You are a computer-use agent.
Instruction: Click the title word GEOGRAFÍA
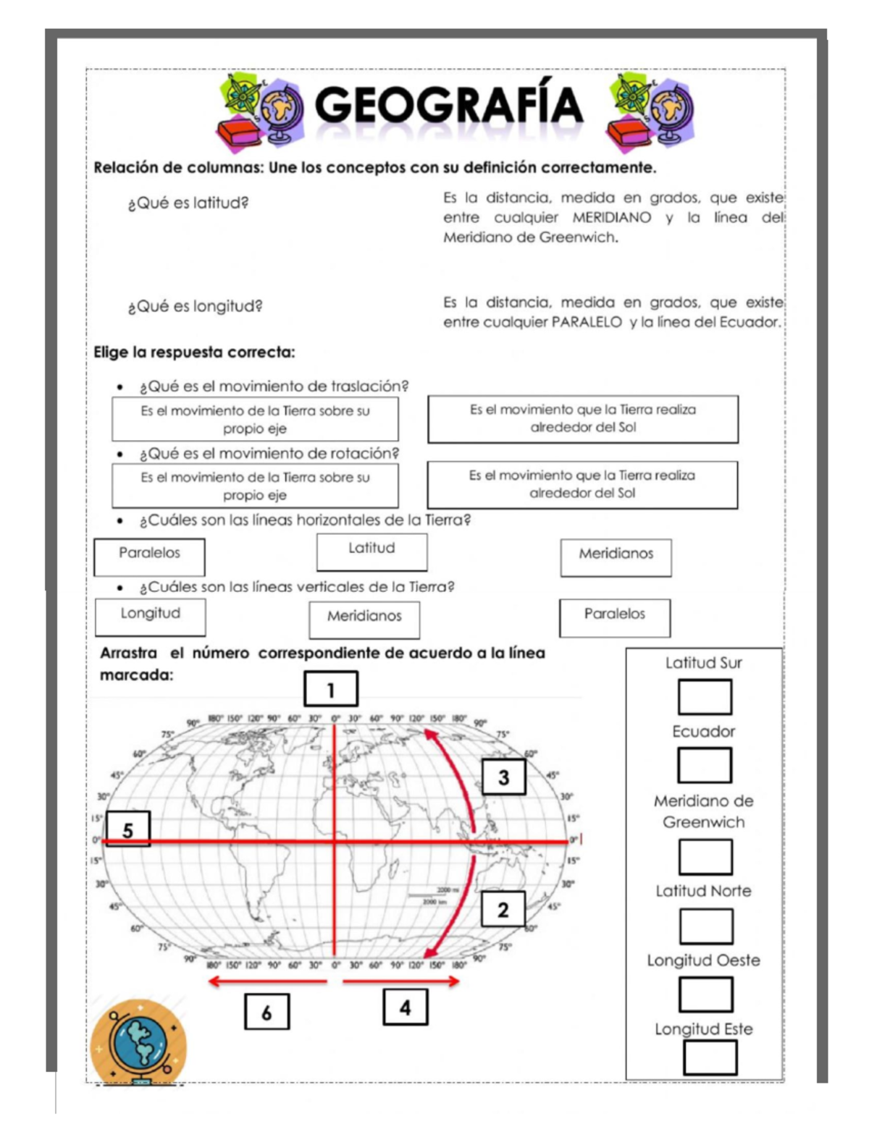[x=448, y=106]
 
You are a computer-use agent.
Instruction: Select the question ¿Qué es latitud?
[x=188, y=203]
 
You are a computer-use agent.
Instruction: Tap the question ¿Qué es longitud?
[x=196, y=306]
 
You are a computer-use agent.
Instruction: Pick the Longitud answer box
[x=151, y=617]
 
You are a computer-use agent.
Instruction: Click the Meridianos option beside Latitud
[x=616, y=557]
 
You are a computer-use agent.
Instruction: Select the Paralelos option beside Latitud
[x=149, y=557]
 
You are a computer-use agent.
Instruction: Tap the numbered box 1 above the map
[x=331, y=689]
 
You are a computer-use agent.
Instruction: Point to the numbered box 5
[x=128, y=829]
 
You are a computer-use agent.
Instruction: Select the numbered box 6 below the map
[x=266, y=1012]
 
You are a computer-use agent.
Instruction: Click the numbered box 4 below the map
[x=405, y=1007]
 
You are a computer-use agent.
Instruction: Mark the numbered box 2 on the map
[x=503, y=910]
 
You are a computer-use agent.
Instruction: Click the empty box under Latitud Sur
[x=705, y=697]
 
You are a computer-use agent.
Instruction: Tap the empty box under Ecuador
[x=705, y=765]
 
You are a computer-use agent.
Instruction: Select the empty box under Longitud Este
[x=710, y=1057]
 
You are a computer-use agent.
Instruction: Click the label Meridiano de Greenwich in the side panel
[x=703, y=811]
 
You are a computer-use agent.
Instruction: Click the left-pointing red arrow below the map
[x=267, y=981]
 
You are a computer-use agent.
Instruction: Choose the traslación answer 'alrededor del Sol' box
[x=583, y=419]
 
